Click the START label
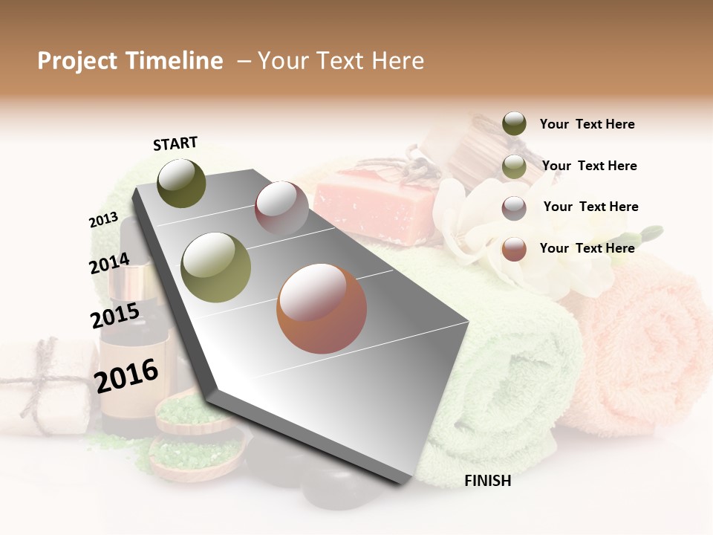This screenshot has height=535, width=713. pyautogui.click(x=175, y=143)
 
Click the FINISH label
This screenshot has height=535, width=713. pyautogui.click(x=487, y=481)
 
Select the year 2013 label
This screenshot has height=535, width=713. pyautogui.click(x=103, y=220)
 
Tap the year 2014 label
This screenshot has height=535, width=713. pyautogui.click(x=109, y=264)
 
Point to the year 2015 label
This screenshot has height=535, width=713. pyautogui.click(x=114, y=316)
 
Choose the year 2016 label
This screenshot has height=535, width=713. pyautogui.click(x=126, y=376)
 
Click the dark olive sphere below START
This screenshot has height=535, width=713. pyautogui.click(x=181, y=183)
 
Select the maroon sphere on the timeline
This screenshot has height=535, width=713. pyautogui.click(x=281, y=207)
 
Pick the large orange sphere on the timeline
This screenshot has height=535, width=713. pyautogui.click(x=322, y=308)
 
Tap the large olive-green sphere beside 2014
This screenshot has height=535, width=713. pyautogui.click(x=216, y=267)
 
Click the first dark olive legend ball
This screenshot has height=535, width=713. pyautogui.click(x=514, y=123)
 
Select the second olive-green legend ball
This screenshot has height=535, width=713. pyautogui.click(x=514, y=166)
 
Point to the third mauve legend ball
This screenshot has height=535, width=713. pyautogui.click(x=514, y=207)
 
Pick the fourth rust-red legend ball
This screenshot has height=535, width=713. pyautogui.click(x=514, y=249)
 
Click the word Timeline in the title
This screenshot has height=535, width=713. pyautogui.click(x=173, y=61)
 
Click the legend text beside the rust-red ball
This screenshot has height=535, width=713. pyautogui.click(x=587, y=248)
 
